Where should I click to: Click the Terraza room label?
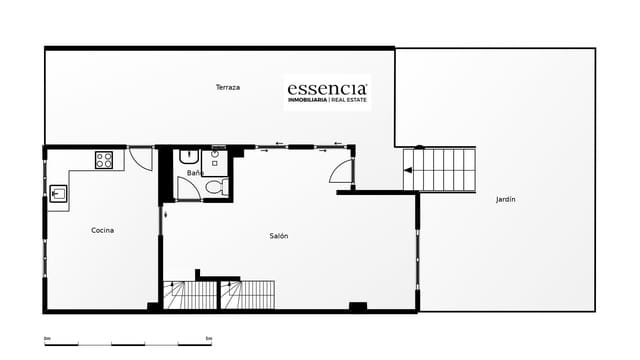(x=227, y=88)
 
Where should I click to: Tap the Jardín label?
(x=506, y=200)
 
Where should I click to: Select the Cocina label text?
(x=102, y=230)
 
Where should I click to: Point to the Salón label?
(x=279, y=236)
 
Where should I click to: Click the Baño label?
(x=194, y=174)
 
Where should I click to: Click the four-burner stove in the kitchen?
(x=104, y=159)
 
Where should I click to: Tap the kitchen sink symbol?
(x=58, y=194)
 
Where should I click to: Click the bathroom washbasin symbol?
(x=187, y=158)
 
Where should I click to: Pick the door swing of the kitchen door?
(x=141, y=159)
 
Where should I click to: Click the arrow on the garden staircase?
(x=407, y=170)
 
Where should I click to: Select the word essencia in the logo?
(x=327, y=87)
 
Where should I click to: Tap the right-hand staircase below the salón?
(x=247, y=295)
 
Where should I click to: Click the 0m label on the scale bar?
(x=47, y=339)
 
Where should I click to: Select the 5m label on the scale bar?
(x=208, y=339)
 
